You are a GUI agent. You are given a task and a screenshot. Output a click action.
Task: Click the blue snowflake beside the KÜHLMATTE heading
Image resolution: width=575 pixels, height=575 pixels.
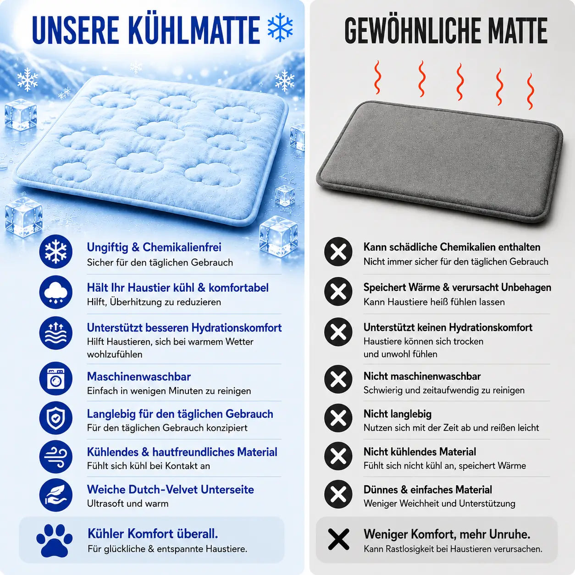point(280,28)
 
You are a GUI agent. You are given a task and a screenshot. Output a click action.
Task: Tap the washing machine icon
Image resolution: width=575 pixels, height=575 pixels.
point(56,378)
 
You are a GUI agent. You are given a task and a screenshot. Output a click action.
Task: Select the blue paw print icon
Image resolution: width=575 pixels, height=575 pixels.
point(54,540)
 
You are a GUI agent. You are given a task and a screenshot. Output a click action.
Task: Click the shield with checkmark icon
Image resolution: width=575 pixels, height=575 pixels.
point(56,418)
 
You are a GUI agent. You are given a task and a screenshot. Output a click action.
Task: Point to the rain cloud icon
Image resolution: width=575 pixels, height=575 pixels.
point(56,292)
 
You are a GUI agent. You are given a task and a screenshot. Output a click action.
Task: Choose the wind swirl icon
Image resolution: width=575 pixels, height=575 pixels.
point(56,457)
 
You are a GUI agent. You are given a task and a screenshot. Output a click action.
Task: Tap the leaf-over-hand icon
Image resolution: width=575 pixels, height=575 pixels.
point(56,495)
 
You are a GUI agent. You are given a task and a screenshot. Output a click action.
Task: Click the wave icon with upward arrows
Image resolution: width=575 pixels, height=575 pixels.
point(56,333)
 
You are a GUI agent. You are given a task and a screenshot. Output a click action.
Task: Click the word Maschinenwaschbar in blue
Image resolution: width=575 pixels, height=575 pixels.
point(139,376)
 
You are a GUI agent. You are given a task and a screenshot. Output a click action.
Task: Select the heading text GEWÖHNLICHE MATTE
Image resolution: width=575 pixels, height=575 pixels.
point(446,30)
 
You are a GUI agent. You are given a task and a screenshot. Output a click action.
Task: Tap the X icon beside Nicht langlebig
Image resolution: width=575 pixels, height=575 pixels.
point(338,418)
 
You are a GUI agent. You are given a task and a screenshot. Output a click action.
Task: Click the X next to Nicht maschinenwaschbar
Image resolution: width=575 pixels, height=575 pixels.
point(338,379)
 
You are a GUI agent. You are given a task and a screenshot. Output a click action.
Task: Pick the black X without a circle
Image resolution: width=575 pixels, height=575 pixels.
point(338,539)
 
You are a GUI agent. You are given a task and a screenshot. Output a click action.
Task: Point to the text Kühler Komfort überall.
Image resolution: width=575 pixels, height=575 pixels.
point(153,534)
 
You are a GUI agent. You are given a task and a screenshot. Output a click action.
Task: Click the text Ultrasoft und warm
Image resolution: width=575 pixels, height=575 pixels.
point(128,503)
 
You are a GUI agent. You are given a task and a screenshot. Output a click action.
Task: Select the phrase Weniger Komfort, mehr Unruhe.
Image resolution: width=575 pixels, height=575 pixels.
point(447,534)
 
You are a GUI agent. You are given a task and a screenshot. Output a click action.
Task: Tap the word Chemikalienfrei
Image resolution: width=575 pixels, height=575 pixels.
point(182,247)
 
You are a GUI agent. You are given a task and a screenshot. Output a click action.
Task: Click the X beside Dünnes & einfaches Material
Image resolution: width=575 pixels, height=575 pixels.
point(338,494)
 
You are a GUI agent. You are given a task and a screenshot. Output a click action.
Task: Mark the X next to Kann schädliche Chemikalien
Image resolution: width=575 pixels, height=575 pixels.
point(338,252)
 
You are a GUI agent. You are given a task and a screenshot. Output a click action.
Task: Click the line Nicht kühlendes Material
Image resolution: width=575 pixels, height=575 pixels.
point(420,452)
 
